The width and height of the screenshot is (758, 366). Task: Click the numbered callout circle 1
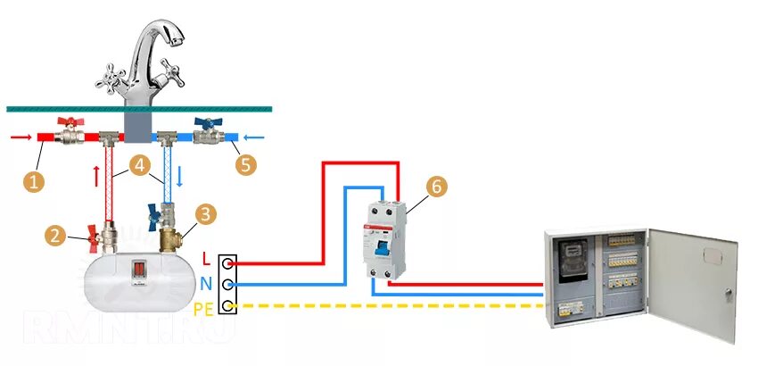[x=35, y=181]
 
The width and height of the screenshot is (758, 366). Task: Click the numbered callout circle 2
[x=55, y=236]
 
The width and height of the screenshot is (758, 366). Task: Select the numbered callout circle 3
[x=206, y=214]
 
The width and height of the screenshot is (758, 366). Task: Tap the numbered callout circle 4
[x=139, y=166]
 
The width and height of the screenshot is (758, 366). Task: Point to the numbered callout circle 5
[x=244, y=165]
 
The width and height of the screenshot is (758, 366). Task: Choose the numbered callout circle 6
[x=435, y=187]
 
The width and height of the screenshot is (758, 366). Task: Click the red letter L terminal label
[x=207, y=259]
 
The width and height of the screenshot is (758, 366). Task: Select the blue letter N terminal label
[x=206, y=283]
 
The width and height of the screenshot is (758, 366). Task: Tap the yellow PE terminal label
[x=203, y=308]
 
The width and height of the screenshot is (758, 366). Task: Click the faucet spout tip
[x=180, y=38]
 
